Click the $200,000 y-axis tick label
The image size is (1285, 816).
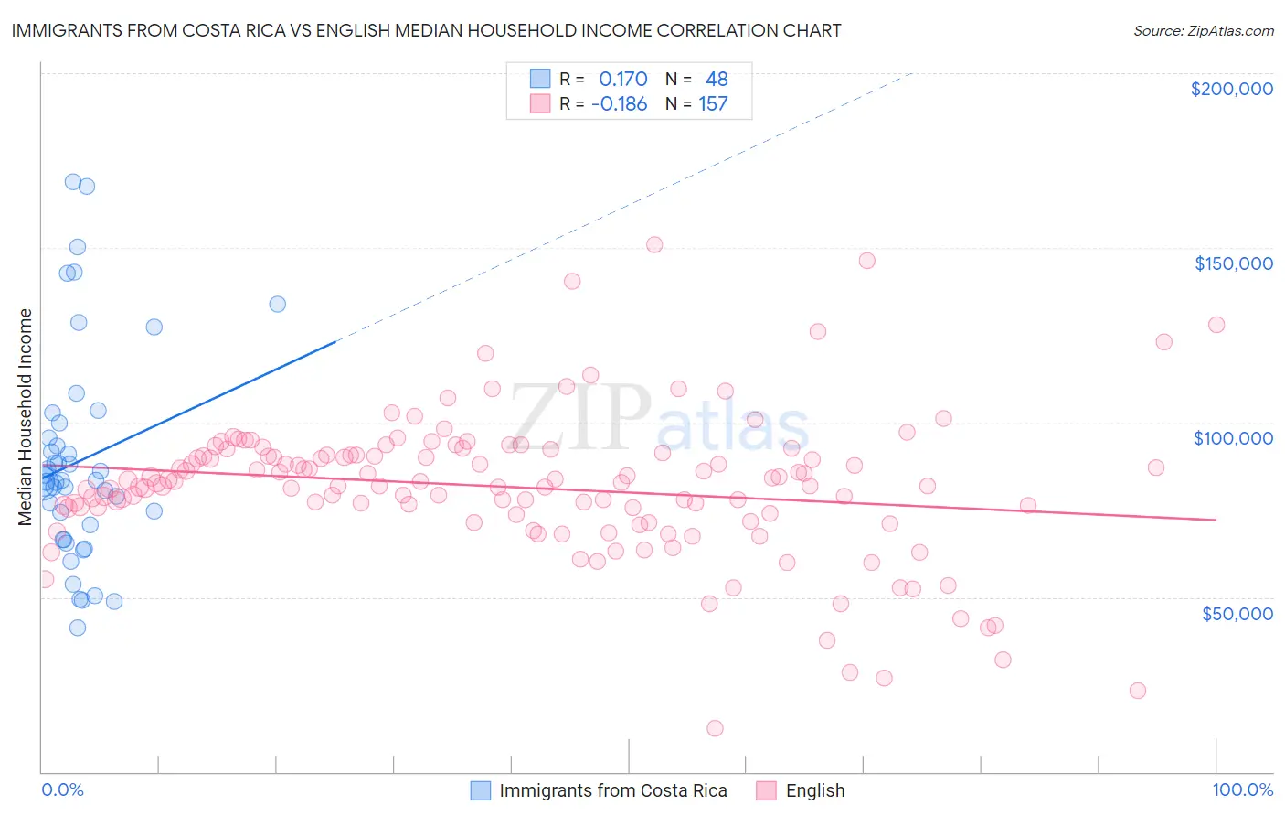pyautogui.click(x=1231, y=89)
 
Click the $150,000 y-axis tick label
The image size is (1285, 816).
pyautogui.click(x=1233, y=263)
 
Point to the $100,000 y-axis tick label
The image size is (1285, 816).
pyautogui.click(x=1233, y=438)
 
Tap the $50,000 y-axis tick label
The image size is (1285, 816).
pyautogui.click(x=1237, y=614)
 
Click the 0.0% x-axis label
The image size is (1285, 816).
pyautogui.click(x=62, y=789)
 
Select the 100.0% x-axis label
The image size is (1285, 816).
pyautogui.click(x=1242, y=789)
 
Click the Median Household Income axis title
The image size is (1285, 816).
pyautogui.click(x=25, y=417)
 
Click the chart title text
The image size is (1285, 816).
pyautogui.click(x=426, y=30)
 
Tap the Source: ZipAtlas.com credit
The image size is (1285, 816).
pyautogui.click(x=1203, y=30)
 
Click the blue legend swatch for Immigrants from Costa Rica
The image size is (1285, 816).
pyautogui.click(x=481, y=790)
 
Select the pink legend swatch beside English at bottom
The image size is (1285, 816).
pyautogui.click(x=766, y=790)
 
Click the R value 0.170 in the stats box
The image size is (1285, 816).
pyautogui.click(x=622, y=80)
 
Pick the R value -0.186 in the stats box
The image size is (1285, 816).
pyautogui.click(x=619, y=104)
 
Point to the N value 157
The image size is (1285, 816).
pyautogui.click(x=713, y=104)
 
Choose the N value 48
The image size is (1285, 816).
pyautogui.click(x=717, y=80)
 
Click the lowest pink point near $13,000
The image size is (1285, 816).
pyautogui.click(x=715, y=728)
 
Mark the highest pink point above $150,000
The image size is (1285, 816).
pyautogui.click(x=654, y=244)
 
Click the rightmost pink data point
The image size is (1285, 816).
pyautogui.click(x=1216, y=325)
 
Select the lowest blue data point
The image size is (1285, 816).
pyautogui.click(x=78, y=628)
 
